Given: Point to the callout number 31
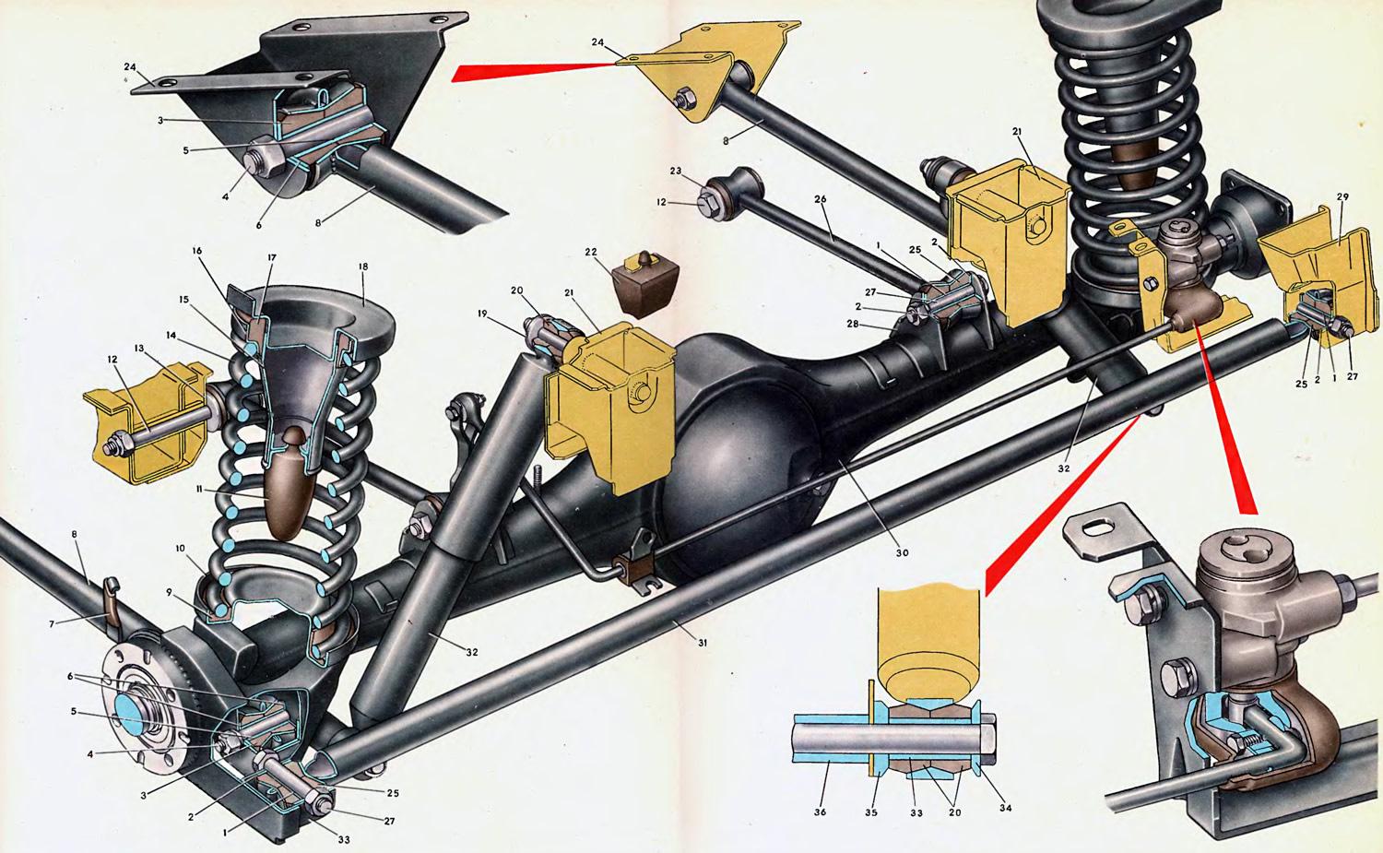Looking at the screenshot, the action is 703,643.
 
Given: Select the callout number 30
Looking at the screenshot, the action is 902,552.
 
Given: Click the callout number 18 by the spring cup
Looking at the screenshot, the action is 362,267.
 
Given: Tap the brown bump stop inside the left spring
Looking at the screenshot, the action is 290,485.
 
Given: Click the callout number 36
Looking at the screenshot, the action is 820,812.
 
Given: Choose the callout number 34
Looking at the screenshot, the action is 1005,807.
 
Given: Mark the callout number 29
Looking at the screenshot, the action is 1342,197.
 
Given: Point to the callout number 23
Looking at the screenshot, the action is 676,171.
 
